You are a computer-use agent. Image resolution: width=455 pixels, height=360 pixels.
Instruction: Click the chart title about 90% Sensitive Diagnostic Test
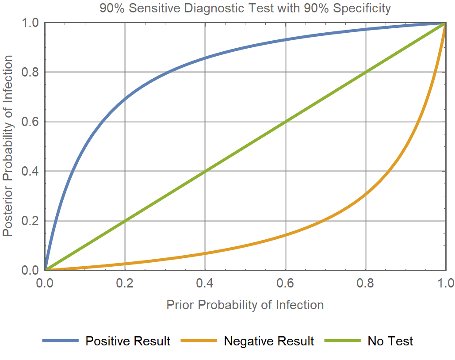point(245,8)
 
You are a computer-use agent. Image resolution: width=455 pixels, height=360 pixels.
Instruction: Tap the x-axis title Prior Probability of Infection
point(245,305)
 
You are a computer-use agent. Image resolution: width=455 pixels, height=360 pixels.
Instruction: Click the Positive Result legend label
point(128,341)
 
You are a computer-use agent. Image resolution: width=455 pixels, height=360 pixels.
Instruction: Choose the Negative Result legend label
point(269,341)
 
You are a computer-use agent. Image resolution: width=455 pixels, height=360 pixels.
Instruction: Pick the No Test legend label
point(390,341)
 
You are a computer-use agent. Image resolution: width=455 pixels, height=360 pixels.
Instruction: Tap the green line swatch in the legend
point(342,341)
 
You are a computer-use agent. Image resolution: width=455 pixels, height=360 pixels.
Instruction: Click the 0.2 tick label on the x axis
point(125,283)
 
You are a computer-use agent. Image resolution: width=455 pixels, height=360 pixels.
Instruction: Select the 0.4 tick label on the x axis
point(205,283)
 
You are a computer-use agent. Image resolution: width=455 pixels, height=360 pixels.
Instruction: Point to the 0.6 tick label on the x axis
point(285,283)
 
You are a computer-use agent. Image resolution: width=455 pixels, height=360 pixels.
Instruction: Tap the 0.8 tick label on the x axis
point(365,283)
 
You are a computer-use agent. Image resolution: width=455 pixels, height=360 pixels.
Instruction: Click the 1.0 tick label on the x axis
point(445,283)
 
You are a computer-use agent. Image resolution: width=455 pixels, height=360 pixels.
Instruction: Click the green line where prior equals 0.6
point(285,122)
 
